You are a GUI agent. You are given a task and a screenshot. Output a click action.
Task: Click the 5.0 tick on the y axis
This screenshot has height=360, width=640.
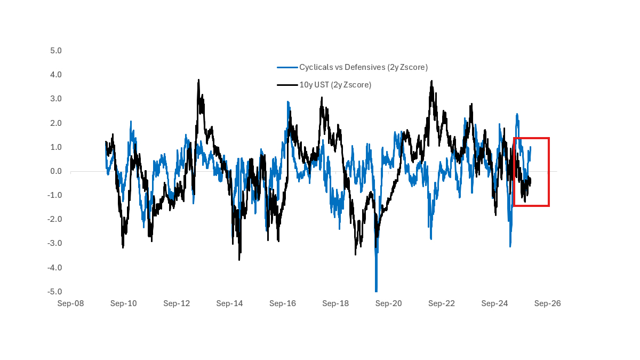coord(56,51)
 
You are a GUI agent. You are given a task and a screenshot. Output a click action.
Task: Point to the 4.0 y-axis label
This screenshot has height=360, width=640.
coord(56,75)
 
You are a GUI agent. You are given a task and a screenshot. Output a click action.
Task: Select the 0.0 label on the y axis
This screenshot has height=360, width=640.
coord(56,171)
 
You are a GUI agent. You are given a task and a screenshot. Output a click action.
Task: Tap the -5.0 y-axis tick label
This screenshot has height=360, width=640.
coord(55,292)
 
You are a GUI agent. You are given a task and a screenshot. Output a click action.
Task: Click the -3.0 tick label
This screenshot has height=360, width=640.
coord(55,243)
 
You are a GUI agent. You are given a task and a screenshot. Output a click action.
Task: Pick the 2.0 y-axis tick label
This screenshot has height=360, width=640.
coord(56,123)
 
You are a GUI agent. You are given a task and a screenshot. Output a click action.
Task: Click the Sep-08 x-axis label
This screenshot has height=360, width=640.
coord(70,303)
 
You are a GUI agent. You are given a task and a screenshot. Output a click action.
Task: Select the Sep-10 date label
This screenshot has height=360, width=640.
coord(123,303)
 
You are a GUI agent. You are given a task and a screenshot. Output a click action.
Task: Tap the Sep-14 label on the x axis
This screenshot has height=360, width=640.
coord(229,303)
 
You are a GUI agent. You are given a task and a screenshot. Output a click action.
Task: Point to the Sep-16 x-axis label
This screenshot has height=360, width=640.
coord(283,303)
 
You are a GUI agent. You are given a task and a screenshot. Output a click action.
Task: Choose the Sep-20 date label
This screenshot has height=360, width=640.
coord(389,303)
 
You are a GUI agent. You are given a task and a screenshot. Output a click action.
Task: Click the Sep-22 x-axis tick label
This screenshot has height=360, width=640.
coord(442,303)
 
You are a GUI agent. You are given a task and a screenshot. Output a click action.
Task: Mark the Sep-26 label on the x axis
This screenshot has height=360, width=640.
coord(548,303)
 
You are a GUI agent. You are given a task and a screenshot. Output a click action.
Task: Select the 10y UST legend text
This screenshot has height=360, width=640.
coord(335,85)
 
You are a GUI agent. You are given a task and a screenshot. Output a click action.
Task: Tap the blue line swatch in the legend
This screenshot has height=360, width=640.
coord(287,67)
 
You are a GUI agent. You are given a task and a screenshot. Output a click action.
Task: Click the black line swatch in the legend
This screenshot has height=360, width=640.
coord(287,85)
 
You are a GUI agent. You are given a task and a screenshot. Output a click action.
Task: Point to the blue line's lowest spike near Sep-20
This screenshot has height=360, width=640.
coord(376,291)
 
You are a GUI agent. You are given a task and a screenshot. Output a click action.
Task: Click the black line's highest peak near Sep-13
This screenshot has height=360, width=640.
coord(198,80)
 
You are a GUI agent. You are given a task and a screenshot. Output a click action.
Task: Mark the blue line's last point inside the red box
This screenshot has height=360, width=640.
coord(530,147)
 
